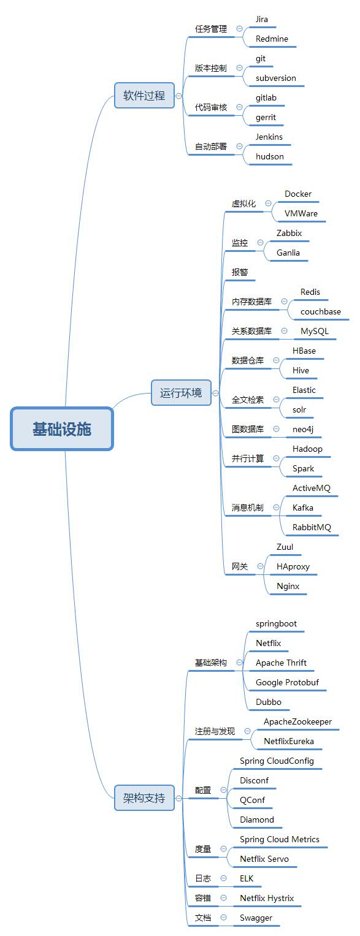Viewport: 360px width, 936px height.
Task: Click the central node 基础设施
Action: (x=62, y=429)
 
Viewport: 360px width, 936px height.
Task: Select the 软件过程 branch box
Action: (x=144, y=96)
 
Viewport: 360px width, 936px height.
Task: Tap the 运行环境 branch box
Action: (x=181, y=393)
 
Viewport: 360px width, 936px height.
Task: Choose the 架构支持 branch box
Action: (x=144, y=798)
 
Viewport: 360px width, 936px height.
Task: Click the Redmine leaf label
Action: (x=272, y=39)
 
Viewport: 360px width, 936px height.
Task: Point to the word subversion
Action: (x=275, y=78)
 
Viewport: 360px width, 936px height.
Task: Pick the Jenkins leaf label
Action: (x=269, y=137)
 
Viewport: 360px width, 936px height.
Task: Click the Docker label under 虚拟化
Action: (x=297, y=194)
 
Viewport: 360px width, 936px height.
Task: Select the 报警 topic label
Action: (x=240, y=272)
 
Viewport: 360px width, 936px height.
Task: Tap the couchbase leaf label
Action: (x=320, y=312)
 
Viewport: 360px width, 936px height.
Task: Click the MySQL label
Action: (x=315, y=332)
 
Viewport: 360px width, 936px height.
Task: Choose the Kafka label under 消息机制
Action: (x=303, y=508)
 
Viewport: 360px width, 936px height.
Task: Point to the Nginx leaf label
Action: (x=288, y=586)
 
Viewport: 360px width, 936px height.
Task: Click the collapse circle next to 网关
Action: (x=260, y=566)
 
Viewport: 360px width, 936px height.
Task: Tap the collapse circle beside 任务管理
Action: (x=240, y=28)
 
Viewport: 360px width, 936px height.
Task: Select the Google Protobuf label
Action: (x=287, y=682)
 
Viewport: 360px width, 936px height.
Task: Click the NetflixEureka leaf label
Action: (x=288, y=741)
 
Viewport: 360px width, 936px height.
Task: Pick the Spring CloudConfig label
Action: (x=277, y=761)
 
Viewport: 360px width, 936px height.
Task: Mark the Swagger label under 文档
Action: (x=256, y=918)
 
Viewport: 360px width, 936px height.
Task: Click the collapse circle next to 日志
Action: (x=224, y=878)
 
